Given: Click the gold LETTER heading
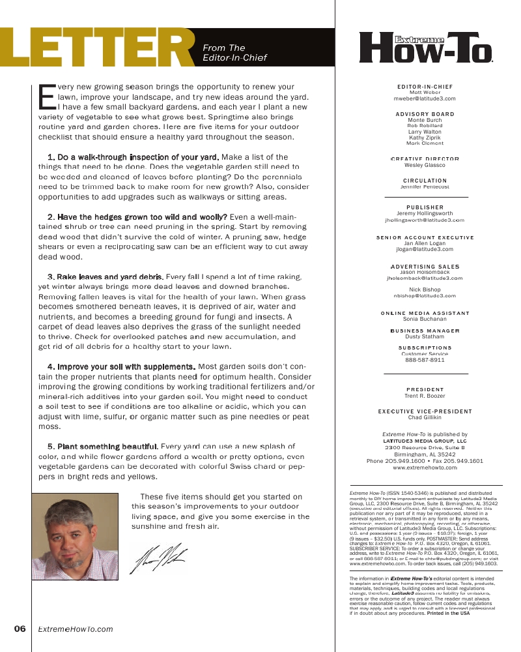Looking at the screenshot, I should (98, 49).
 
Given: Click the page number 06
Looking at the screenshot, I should (20, 629).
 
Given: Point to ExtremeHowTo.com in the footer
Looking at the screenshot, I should (76, 629).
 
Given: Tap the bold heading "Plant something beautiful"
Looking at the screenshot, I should (102, 447).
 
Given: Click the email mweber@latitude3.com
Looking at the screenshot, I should (425, 98).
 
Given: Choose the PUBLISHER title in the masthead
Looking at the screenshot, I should (425, 207).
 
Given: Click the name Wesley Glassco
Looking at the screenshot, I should (425, 166).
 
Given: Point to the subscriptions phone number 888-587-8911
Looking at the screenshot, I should (425, 360).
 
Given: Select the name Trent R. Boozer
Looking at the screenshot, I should (425, 396).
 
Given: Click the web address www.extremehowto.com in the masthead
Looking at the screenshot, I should (425, 468).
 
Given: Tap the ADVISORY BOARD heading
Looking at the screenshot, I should (425, 114).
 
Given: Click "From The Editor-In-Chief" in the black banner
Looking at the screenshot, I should (234, 52).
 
